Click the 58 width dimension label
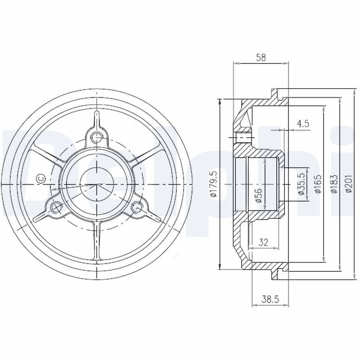[261, 57]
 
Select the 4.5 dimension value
[303, 124]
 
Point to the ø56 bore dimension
[258, 195]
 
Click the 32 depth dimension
[264, 242]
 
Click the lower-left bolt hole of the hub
[56, 207]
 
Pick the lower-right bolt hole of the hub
[137, 207]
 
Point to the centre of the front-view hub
[96, 184]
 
